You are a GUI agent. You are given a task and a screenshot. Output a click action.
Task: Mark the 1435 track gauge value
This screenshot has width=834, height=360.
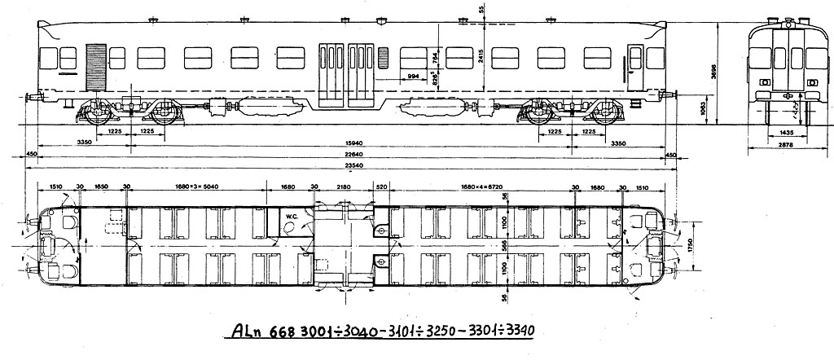point(786,131)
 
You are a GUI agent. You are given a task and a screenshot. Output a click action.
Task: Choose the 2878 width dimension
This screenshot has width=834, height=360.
point(786,145)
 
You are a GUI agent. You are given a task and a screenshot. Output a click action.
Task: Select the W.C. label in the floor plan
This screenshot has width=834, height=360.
point(290,216)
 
